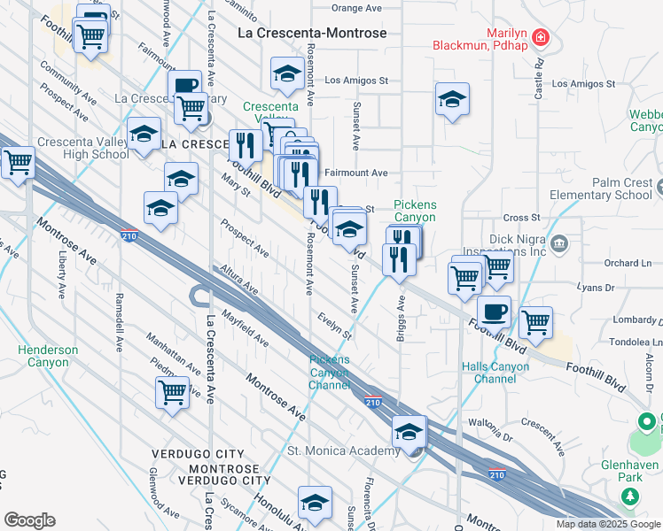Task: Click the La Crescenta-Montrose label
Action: pos(313,33)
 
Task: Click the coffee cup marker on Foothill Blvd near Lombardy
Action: pos(494,311)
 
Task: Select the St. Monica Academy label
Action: pos(344,451)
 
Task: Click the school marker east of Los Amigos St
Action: pos(452,99)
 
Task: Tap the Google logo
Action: pos(29,519)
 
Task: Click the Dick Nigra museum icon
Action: pos(558,242)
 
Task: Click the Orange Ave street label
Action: pos(356,7)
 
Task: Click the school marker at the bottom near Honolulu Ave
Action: pos(315,503)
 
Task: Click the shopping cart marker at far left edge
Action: pos(18,162)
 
